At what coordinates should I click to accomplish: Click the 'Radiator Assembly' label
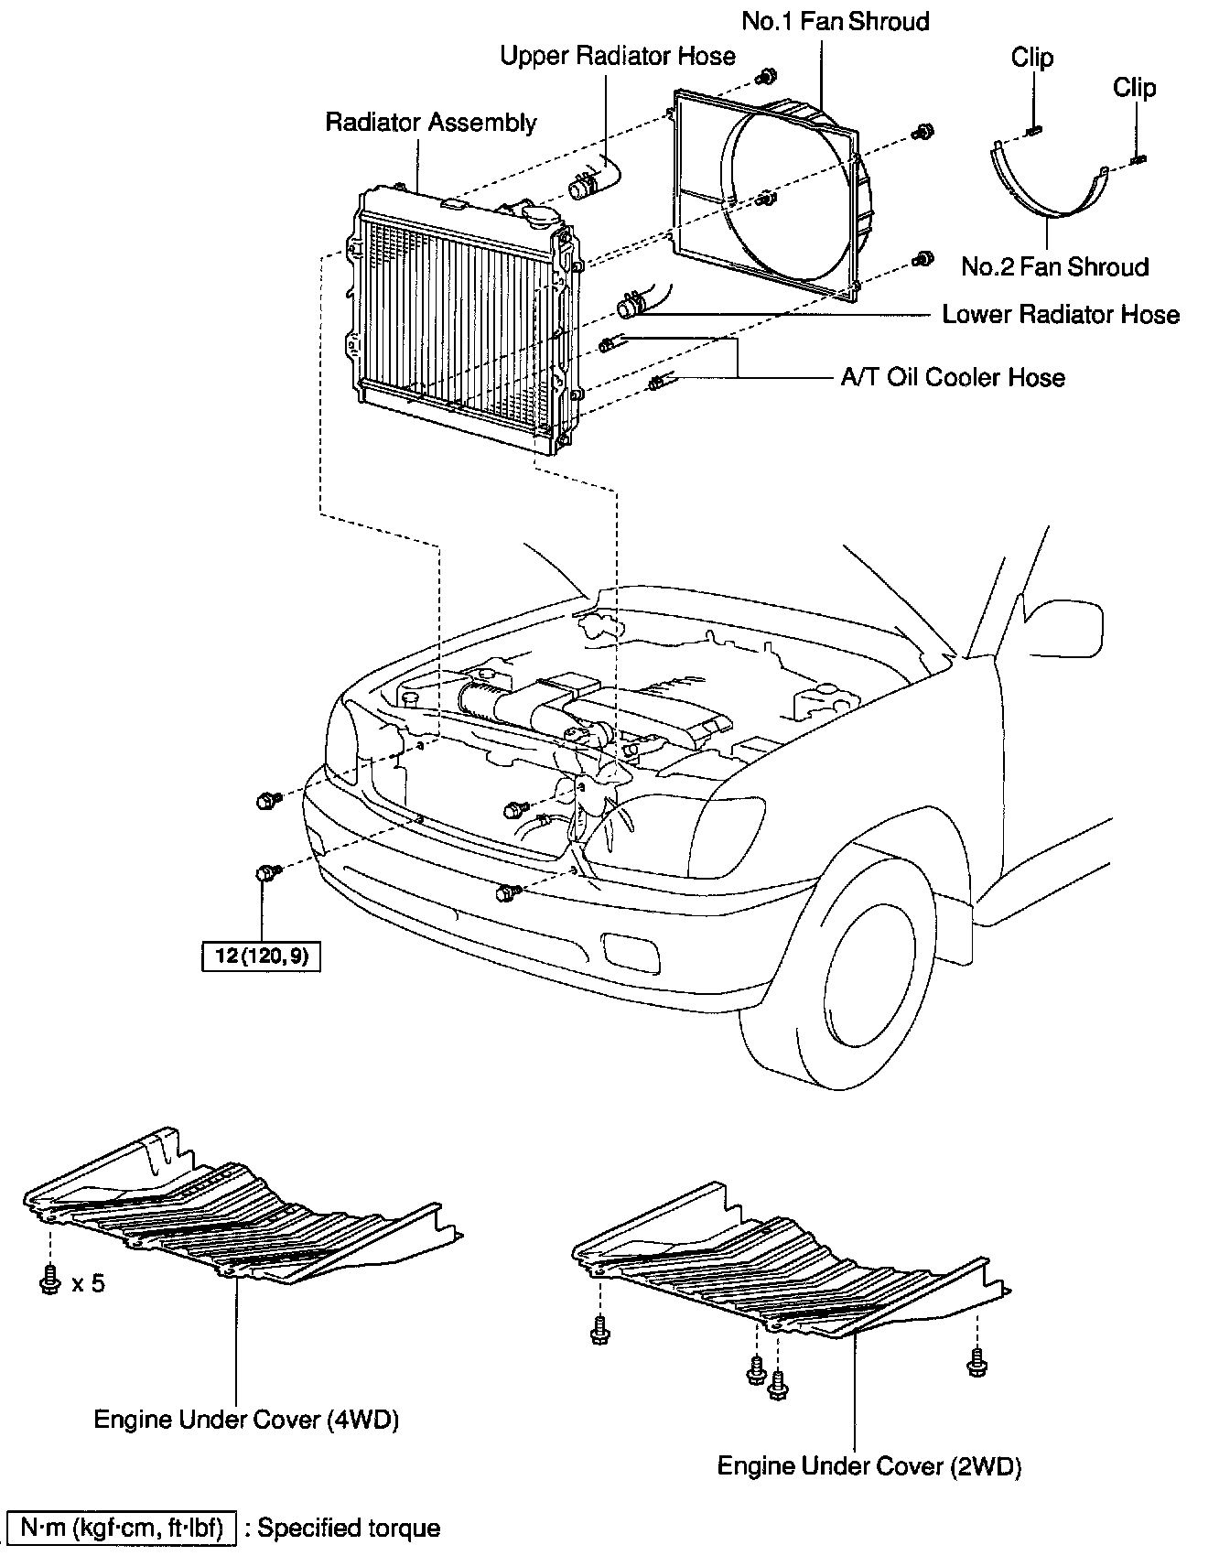(431, 123)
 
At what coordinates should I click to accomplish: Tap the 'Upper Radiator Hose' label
(618, 56)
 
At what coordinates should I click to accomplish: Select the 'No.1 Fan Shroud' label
(836, 21)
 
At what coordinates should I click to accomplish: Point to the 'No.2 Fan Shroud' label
(1054, 267)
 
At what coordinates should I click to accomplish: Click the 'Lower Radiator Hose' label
(1061, 315)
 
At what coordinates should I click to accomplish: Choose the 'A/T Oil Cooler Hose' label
(953, 377)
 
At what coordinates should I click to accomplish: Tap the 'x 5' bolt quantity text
(88, 1283)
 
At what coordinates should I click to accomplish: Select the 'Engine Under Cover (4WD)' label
(246, 1421)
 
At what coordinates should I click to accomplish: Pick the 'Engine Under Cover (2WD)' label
(869, 1466)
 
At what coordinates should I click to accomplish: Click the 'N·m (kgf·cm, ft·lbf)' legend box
(121, 1528)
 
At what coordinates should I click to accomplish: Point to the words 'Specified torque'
(349, 1528)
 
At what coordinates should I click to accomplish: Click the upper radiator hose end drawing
(593, 178)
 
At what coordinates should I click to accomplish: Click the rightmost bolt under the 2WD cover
(976, 1364)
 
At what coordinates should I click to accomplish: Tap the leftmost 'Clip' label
(1032, 58)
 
